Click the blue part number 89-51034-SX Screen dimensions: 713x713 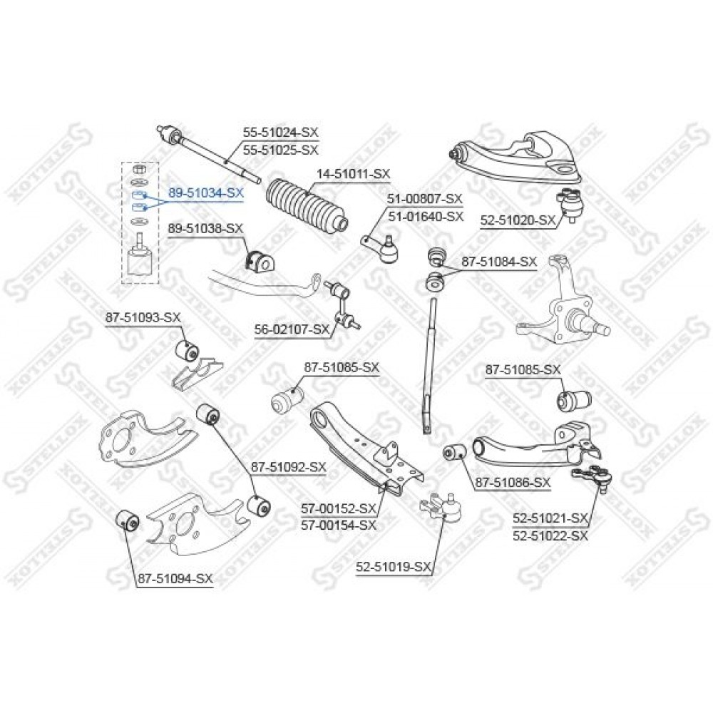(206, 193)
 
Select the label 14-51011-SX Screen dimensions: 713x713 (354, 174)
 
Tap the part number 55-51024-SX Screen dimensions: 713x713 (280, 133)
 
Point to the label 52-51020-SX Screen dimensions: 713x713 (518, 220)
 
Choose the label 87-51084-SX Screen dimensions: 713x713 (499, 262)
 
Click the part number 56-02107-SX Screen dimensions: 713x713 (292, 329)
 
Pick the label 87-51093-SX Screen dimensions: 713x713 (143, 317)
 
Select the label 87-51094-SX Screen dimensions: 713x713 (175, 579)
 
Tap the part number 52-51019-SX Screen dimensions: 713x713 (394, 567)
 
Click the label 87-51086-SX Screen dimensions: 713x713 (513, 482)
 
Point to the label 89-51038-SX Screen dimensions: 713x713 (205, 228)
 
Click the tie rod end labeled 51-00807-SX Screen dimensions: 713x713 (380, 248)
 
